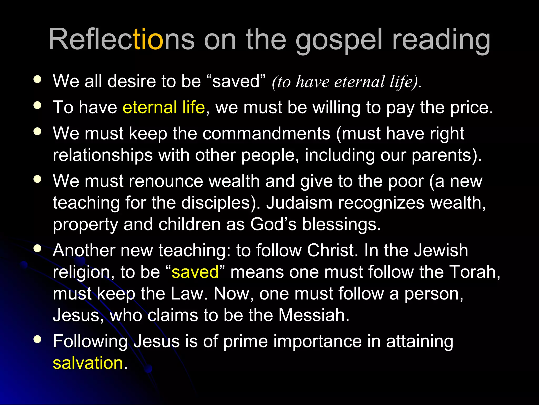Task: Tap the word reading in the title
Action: pyautogui.click(x=441, y=40)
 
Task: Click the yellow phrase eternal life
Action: pyautogui.click(x=164, y=108)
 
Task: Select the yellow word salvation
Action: pyautogui.click(x=88, y=363)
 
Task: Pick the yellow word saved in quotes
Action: pyautogui.click(x=195, y=272)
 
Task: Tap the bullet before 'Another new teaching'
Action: pyautogui.click(x=38, y=248)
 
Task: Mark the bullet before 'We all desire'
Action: pyautogui.click(x=38, y=79)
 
